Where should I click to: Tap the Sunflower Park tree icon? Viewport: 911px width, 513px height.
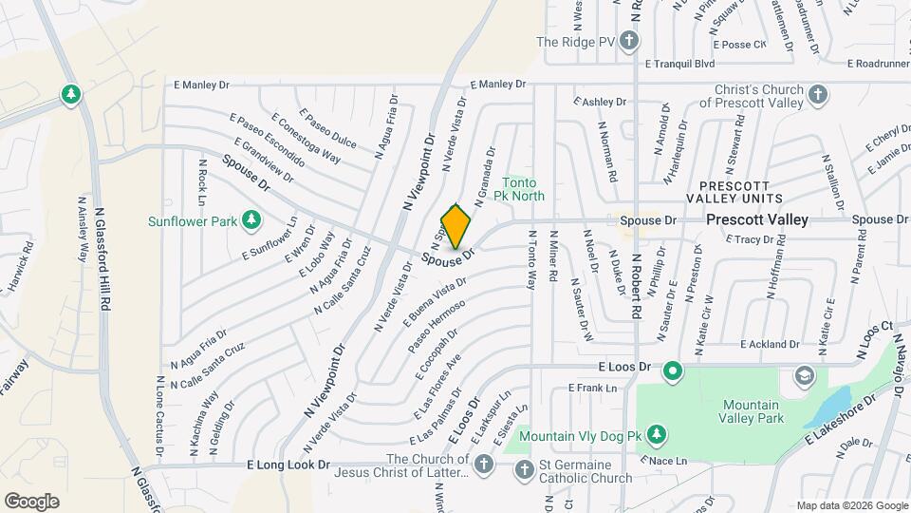point(251,221)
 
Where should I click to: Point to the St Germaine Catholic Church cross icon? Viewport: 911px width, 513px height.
point(523,468)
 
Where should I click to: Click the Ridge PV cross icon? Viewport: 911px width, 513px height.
point(629,42)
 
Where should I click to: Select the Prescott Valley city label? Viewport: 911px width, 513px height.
point(757,219)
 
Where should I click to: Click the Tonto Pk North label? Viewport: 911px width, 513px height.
point(519,190)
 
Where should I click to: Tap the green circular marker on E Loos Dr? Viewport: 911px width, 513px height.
point(673,370)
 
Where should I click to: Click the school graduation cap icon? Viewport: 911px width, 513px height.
point(805,376)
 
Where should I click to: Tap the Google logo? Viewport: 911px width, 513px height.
point(31,501)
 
